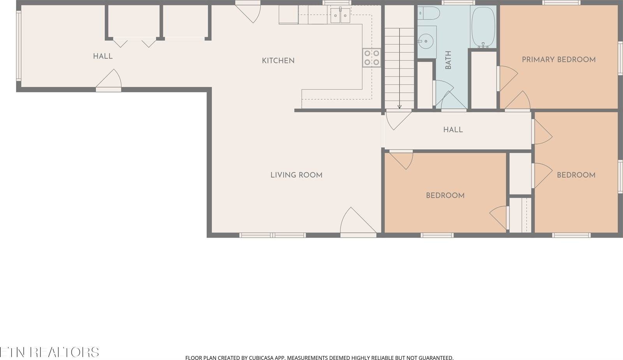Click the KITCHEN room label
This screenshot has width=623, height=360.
278,60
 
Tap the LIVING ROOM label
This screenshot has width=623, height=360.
296,175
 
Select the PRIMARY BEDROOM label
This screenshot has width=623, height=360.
558,60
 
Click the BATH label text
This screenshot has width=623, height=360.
448,60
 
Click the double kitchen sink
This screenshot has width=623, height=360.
340,16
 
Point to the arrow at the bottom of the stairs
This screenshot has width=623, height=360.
399,106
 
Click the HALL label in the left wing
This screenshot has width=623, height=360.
103,56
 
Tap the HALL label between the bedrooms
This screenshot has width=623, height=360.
453,130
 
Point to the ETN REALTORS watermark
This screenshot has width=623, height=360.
49,352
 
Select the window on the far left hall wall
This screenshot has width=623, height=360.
18,46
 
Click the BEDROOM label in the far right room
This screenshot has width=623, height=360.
576,175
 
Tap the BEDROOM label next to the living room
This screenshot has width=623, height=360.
445,196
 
